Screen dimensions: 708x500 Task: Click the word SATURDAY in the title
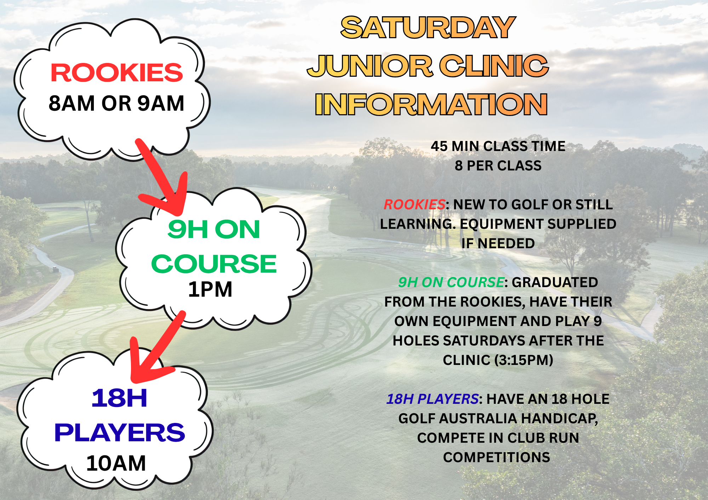pos(428,28)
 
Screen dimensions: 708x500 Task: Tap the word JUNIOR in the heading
pos(370,66)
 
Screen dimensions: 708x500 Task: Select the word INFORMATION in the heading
pos(431,104)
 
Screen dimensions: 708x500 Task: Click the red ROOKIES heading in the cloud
pos(117,73)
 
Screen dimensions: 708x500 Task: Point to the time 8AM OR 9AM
pos(116,103)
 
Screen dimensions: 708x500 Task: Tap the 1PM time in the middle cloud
pos(210,290)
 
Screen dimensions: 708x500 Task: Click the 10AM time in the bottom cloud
pos(116,463)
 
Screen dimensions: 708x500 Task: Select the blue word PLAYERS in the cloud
pos(120,432)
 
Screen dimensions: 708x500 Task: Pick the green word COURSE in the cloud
pos(214,264)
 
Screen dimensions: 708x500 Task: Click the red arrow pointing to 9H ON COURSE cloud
pos(161,177)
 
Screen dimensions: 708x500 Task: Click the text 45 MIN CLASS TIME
pos(498,146)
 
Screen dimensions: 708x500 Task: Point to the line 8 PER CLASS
pos(498,166)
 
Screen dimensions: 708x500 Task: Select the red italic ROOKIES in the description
pos(415,205)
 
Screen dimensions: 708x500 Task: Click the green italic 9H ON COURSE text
pos(451,283)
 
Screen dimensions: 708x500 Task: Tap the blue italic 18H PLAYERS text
pos(432,399)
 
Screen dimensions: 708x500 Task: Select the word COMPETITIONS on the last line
pos(497,458)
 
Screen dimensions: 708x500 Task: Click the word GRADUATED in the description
pos(555,283)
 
